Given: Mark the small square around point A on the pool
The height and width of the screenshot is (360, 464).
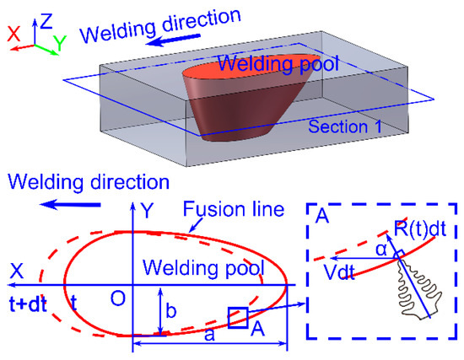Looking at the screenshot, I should pos(238,318).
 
